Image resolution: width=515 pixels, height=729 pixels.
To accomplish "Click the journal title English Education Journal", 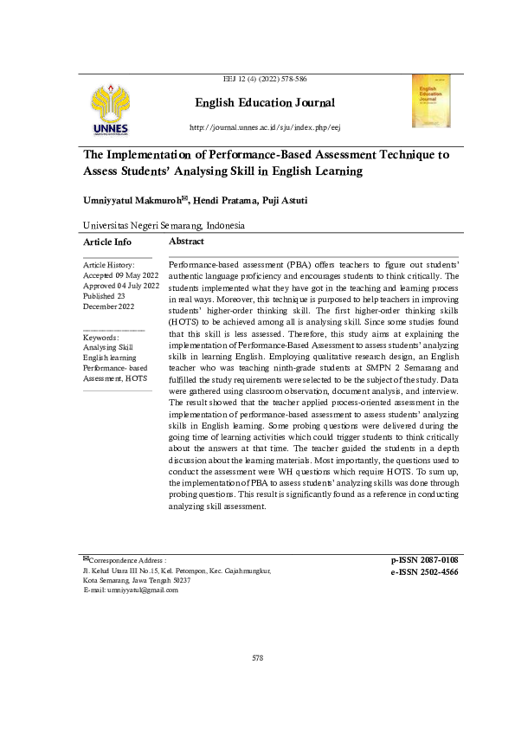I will tap(264, 104).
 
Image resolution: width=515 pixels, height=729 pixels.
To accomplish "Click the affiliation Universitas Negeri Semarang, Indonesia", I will tap(164, 225).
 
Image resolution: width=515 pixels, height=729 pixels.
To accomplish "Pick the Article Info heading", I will tap(107, 242).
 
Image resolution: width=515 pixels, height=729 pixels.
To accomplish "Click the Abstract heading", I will tap(187, 242).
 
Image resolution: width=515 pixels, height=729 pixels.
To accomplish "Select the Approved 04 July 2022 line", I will tap(121, 286).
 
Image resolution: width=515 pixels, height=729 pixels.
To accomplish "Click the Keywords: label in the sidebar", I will tap(100, 337).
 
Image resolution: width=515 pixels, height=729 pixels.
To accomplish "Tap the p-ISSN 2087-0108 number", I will tap(424, 560).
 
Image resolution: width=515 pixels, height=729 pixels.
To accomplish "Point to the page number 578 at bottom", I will tap(257, 682).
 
